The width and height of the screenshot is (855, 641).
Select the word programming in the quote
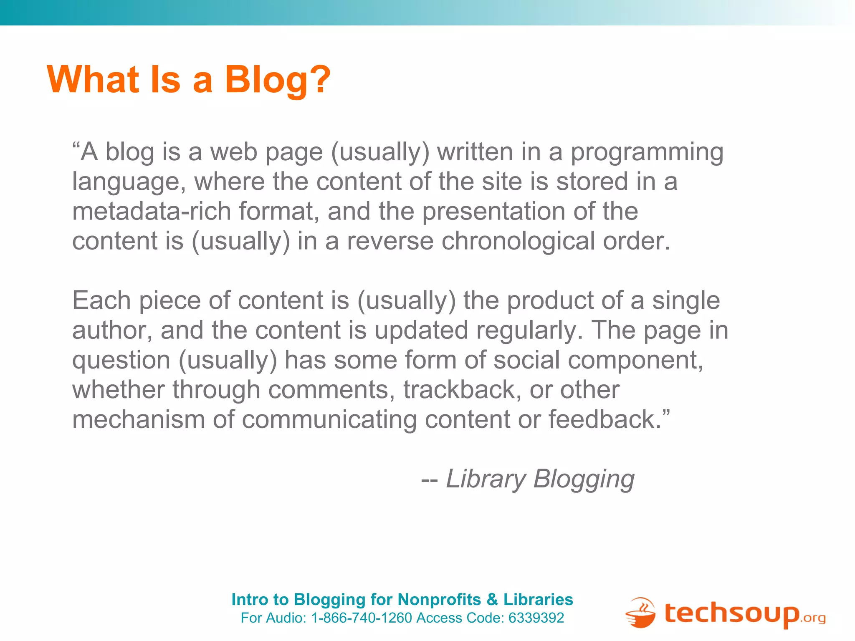pos(647,152)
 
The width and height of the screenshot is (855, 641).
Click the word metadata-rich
pos(152,211)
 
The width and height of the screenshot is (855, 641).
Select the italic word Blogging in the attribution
pos(584,479)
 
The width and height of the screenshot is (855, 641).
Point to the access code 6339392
pos(536,618)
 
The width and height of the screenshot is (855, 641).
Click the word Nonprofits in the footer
pos(439,600)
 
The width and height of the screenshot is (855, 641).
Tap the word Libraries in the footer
pos(538,600)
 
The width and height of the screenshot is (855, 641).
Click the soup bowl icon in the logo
pos(640,613)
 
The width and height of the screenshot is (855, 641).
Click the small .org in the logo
pos(813,618)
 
